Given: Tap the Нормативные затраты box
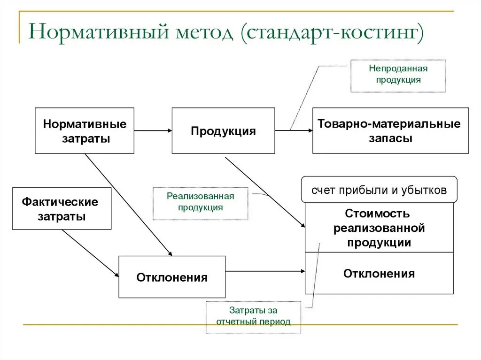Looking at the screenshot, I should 85,131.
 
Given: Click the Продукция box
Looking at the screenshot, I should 223,131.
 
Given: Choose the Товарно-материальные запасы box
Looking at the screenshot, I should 390,131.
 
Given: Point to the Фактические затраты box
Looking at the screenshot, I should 62,209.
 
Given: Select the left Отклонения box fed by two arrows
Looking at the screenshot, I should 172,277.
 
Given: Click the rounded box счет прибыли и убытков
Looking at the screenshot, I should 379,190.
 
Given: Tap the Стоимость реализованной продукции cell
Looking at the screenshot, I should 379,228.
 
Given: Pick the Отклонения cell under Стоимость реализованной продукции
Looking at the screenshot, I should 379,273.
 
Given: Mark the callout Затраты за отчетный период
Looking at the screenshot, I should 253,317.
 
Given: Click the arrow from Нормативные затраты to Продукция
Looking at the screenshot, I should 153,130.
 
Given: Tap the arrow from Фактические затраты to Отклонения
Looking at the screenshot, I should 90,253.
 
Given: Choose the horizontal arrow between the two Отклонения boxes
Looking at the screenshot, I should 265,271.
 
